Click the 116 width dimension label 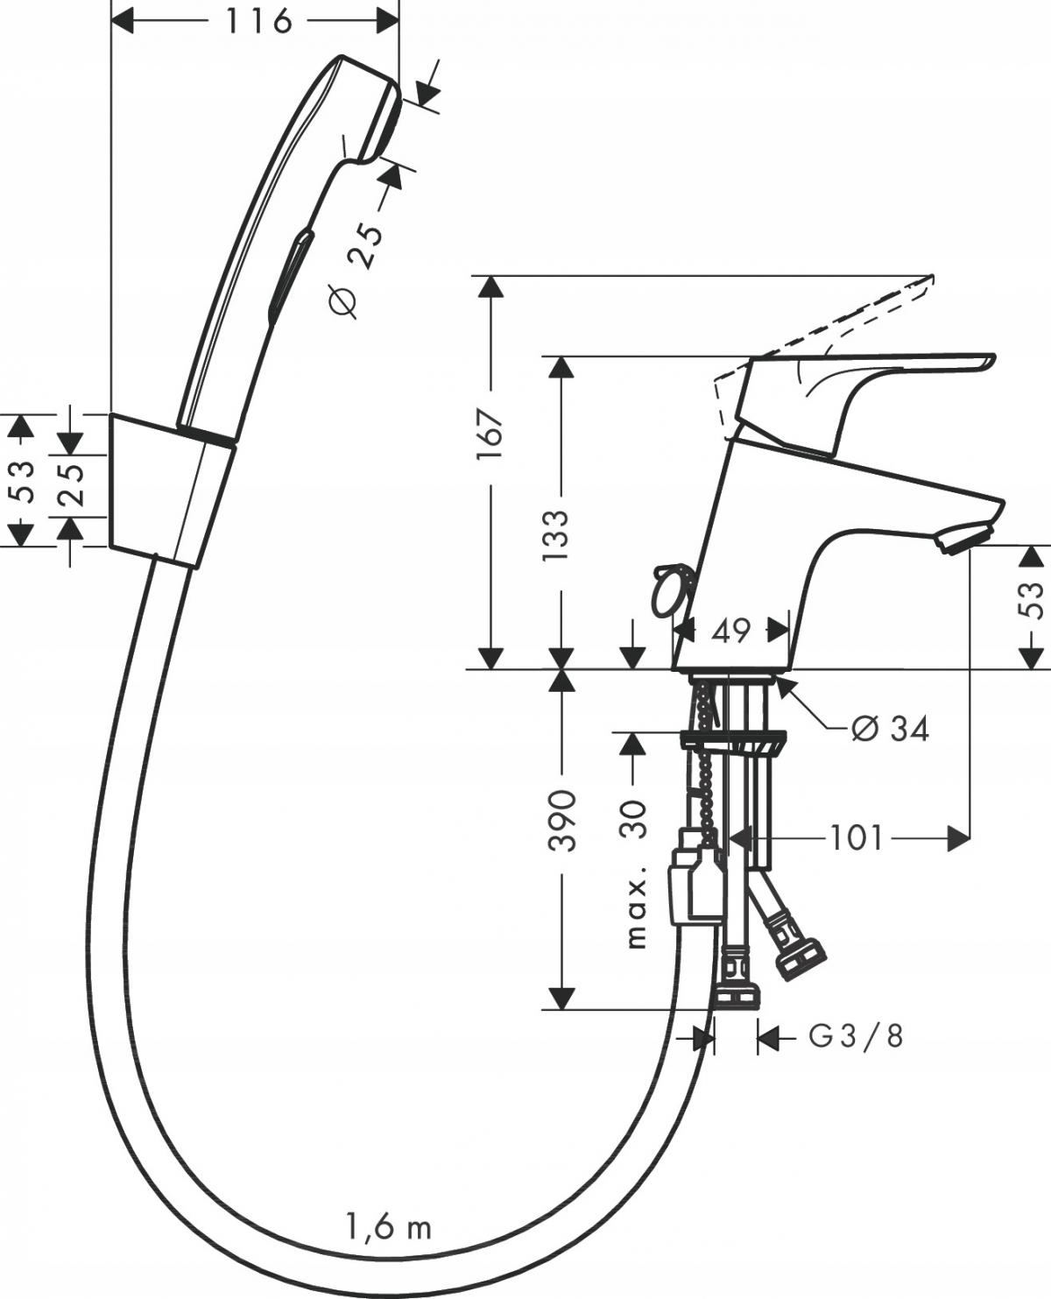258,22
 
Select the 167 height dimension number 490,434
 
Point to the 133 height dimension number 556,535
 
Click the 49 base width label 730,632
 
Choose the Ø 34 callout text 890,728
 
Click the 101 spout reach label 857,838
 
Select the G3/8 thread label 856,1036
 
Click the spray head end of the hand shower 384,119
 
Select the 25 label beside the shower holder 71,485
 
